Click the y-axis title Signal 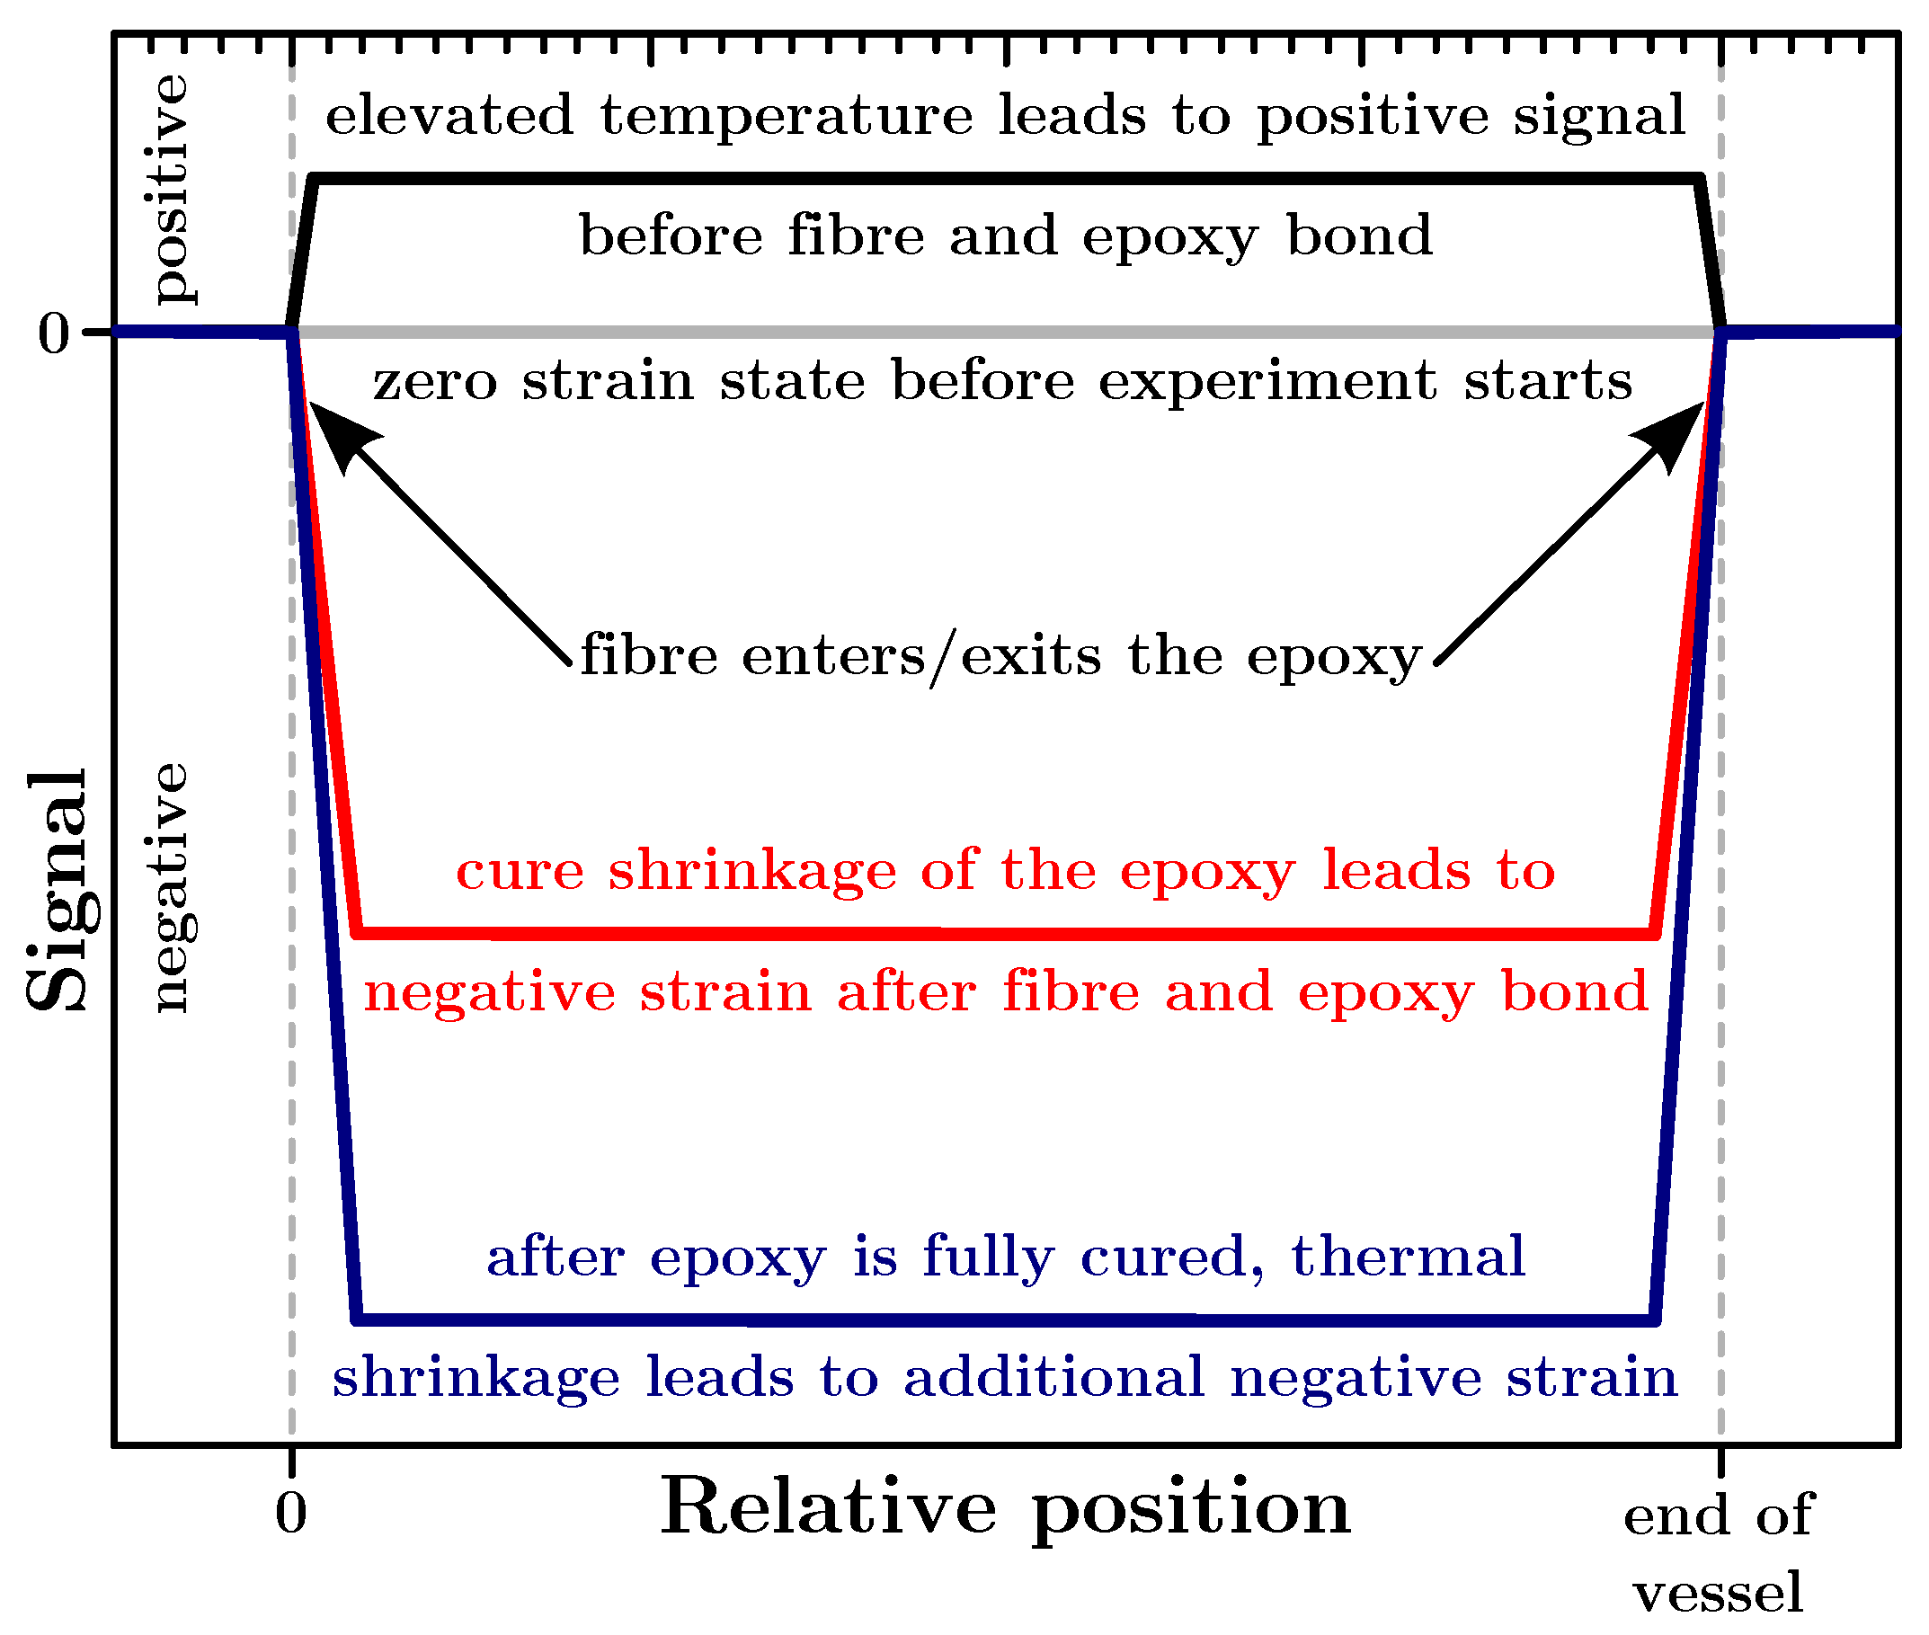(58, 890)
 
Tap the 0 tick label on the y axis (54, 333)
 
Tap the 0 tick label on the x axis (290, 1514)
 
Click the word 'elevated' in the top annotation (449, 116)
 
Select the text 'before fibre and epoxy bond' (1005, 236)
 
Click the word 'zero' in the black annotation (435, 381)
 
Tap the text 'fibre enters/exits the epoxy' (1000, 656)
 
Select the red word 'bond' (1575, 991)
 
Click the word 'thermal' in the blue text (1408, 1257)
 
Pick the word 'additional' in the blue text (1054, 1377)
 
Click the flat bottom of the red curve (1005, 933)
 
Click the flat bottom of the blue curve (1005, 1319)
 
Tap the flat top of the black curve (1005, 178)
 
